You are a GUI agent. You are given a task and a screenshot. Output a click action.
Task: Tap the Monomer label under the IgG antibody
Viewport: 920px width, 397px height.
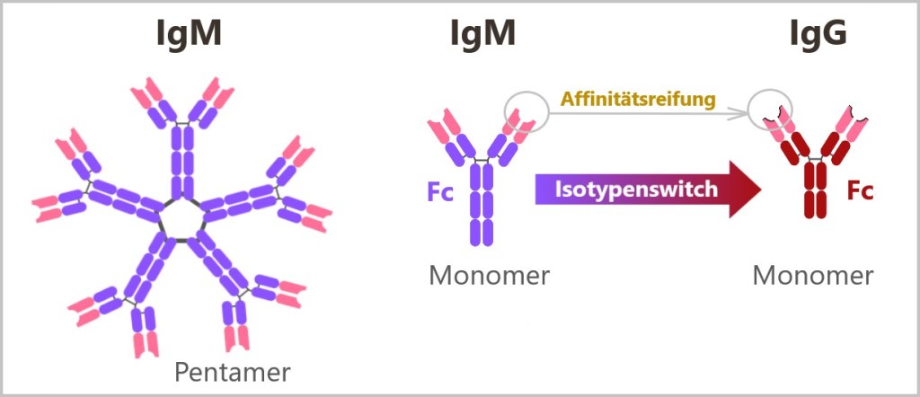pyautogui.click(x=813, y=275)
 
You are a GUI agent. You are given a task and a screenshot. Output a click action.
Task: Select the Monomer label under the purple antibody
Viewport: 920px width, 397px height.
pyautogui.click(x=489, y=275)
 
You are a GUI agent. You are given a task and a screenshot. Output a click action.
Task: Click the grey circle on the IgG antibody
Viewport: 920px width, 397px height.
pyautogui.click(x=770, y=110)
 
